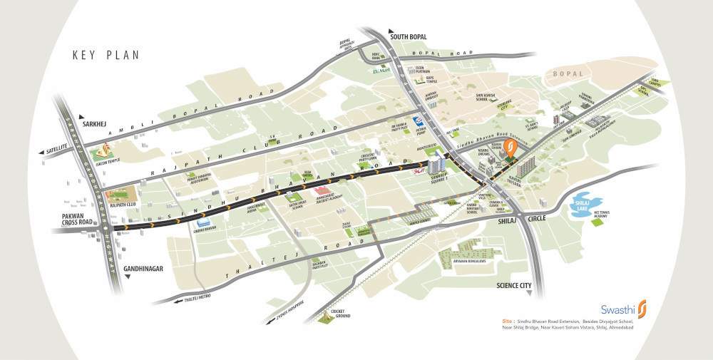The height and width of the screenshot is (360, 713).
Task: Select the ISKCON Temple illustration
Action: coord(104,152)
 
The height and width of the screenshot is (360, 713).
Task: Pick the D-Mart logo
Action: coord(384,71)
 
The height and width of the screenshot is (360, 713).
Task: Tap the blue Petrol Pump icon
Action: coord(419,122)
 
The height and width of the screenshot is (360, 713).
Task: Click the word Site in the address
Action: coord(507,322)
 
